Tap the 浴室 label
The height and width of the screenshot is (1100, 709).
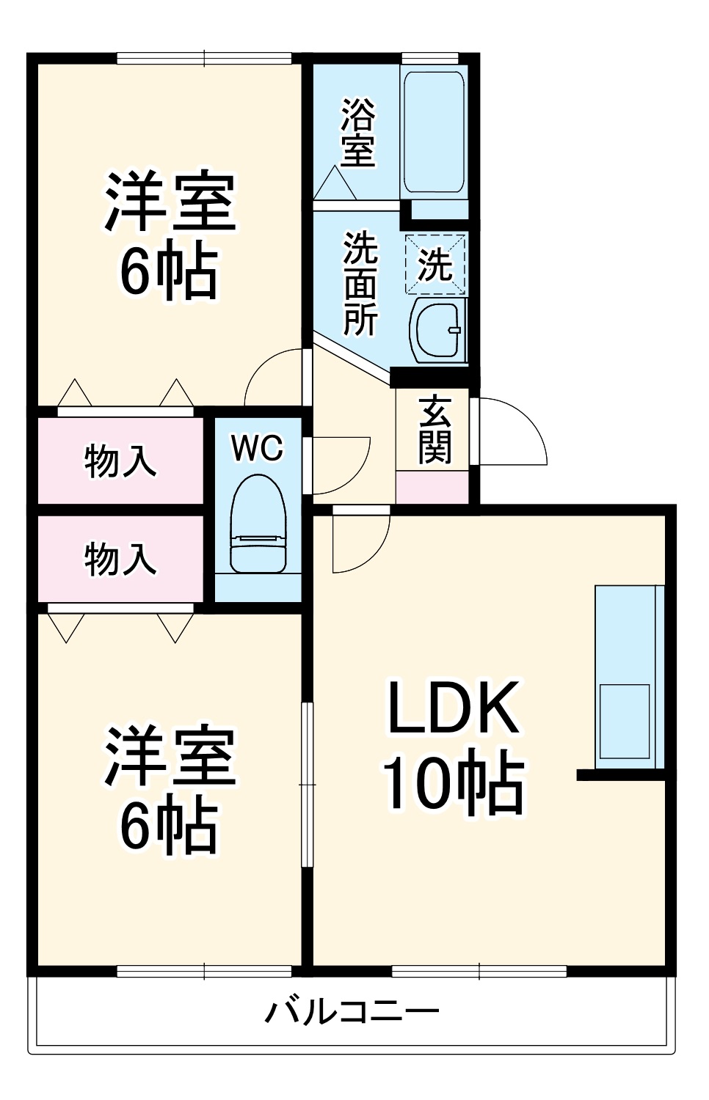tap(358, 133)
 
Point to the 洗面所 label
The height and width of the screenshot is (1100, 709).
tap(360, 283)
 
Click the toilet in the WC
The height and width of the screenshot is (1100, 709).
tap(258, 524)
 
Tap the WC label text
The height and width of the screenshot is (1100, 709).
tap(257, 448)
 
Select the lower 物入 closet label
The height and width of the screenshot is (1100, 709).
tap(120, 559)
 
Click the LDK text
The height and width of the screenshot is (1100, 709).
tap(454, 708)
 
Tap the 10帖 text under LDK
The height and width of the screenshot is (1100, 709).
tap(454, 785)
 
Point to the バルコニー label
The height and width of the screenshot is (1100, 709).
tap(352, 1013)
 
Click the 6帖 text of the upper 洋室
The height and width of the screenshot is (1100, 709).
tap(169, 271)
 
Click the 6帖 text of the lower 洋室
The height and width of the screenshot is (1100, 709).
tap(169, 826)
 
